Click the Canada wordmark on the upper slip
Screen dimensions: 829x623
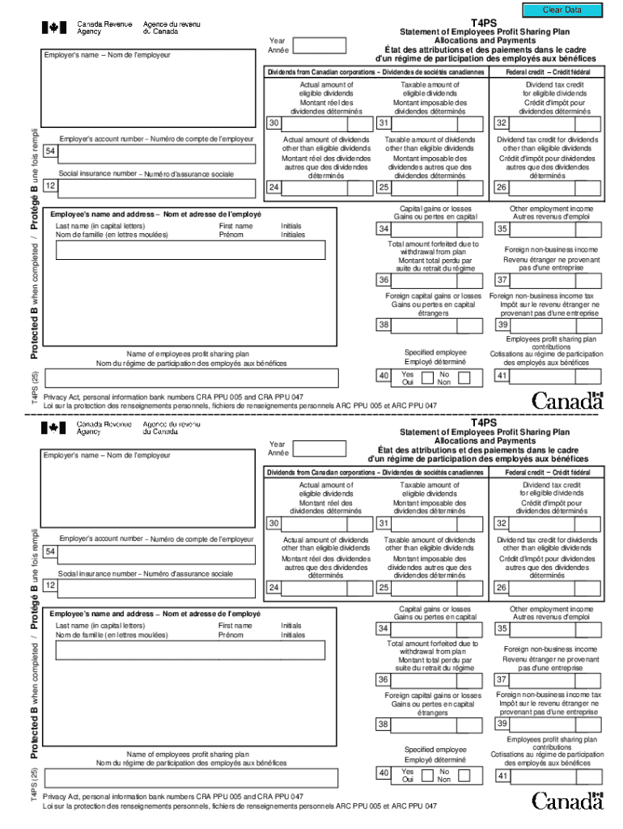(x=568, y=401)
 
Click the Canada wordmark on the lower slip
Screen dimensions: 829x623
(x=568, y=800)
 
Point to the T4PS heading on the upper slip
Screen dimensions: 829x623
(x=484, y=23)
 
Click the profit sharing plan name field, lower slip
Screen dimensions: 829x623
(x=192, y=777)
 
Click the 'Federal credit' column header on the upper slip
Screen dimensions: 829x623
(x=547, y=72)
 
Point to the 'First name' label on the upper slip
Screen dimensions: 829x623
(x=235, y=226)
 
